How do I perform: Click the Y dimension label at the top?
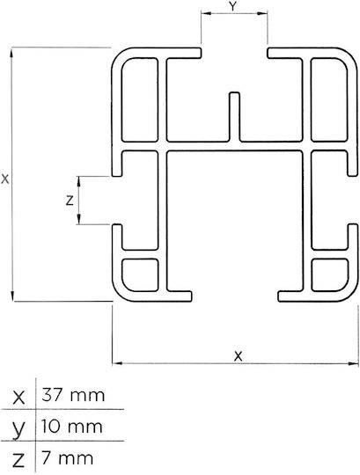(232, 7)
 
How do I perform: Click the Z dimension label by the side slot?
(70, 201)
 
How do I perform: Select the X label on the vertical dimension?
(5, 179)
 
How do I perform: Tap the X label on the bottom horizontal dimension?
(239, 356)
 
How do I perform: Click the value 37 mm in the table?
(73, 395)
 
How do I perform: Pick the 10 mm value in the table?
(72, 427)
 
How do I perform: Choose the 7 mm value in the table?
(67, 458)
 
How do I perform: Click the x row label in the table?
(18, 398)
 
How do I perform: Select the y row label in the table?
(18, 429)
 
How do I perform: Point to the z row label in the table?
(18, 460)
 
